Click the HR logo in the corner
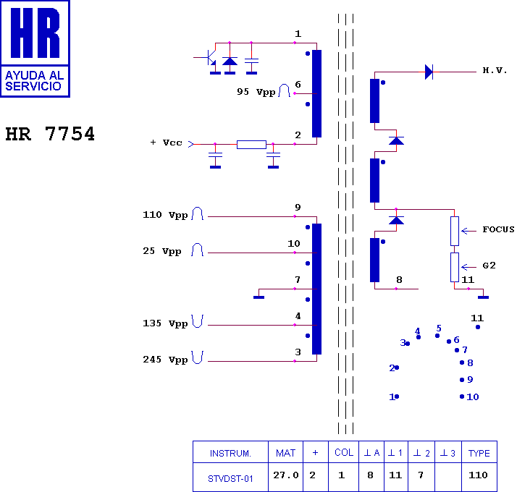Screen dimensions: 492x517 pos(35,48)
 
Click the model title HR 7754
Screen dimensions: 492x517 pos(50,135)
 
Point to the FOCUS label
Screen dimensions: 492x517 pos(498,229)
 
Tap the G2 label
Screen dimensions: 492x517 pos(489,266)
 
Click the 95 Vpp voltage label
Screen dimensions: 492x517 pos(256,92)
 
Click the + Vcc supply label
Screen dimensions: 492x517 pos(167,143)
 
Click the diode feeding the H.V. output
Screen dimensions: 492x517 pos(429,71)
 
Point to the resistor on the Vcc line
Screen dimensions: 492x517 pos(251,145)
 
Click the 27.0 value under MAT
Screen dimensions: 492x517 pos(285,476)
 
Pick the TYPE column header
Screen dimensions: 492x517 pos(479,454)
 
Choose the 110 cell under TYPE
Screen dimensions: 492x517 pos(479,476)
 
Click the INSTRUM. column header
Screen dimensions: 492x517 pos(230,454)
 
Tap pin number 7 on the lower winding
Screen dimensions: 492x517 pos(297,280)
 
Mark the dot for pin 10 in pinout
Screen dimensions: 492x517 pos(462,396)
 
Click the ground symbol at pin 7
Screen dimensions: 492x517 pos(258,295)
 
